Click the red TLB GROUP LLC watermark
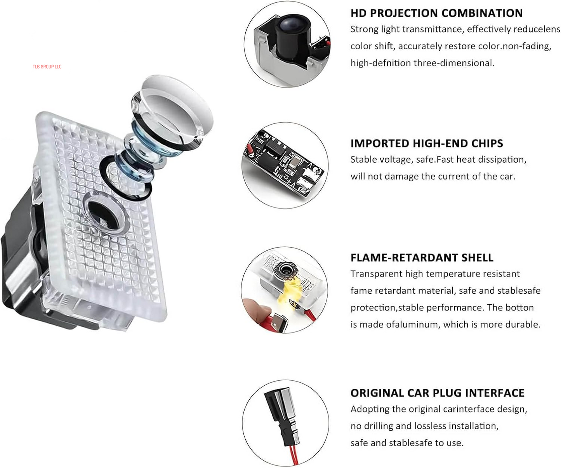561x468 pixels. click(47, 67)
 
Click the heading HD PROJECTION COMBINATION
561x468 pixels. click(437, 13)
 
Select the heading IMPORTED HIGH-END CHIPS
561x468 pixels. click(427, 143)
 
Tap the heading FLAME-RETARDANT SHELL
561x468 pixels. click(422, 258)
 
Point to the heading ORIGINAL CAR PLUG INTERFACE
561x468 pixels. click(438, 393)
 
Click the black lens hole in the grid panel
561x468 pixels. click(103, 215)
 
